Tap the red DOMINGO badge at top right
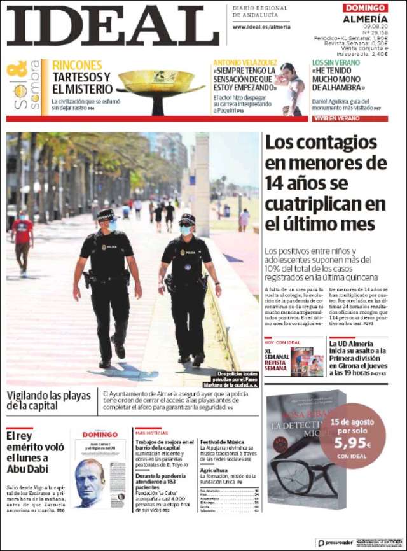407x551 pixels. click(x=365, y=8)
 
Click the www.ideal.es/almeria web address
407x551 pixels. click(x=261, y=27)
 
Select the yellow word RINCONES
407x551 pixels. click(x=77, y=65)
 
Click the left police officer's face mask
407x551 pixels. click(x=111, y=225)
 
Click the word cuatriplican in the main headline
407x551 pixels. click(x=325, y=204)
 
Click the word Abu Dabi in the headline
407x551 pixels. click(x=28, y=470)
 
